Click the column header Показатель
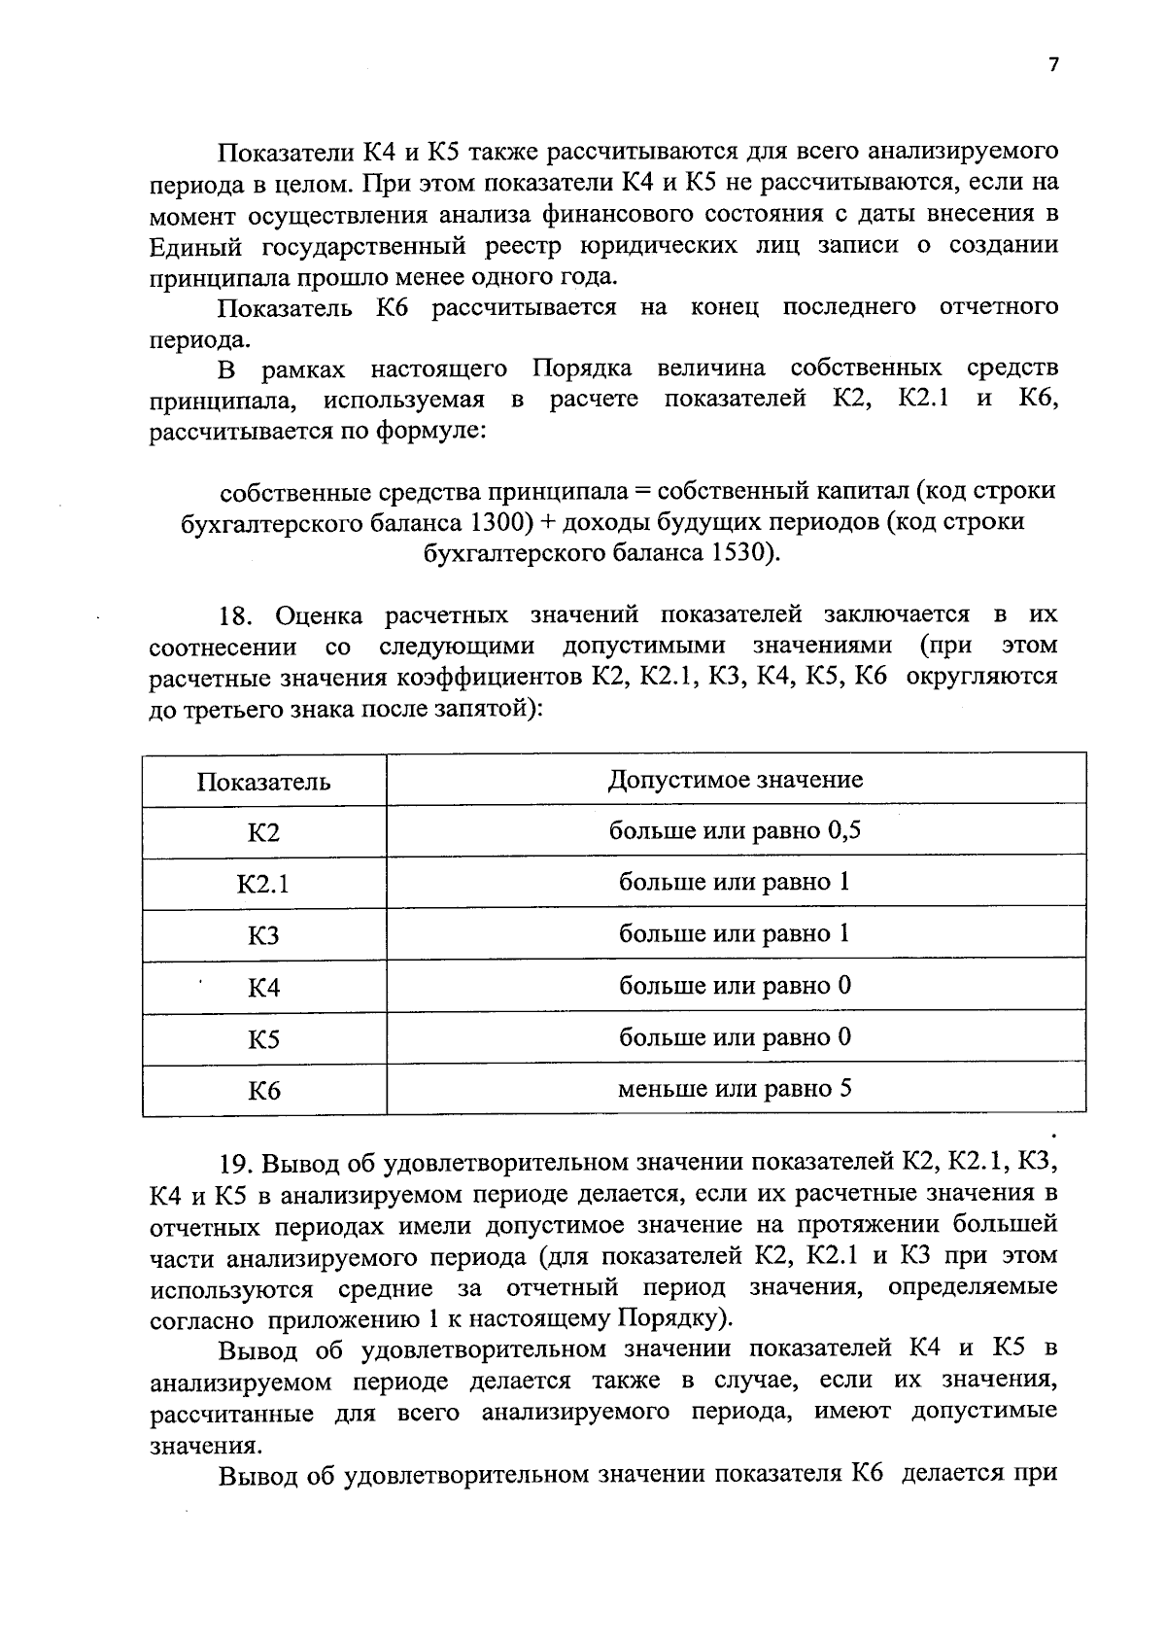(x=263, y=782)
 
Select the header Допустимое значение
(x=736, y=779)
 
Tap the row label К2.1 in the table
(x=263, y=885)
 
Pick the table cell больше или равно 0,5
(x=736, y=830)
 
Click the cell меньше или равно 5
(x=736, y=1088)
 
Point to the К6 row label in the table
(x=263, y=1091)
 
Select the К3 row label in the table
(x=263, y=936)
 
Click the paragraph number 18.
(x=236, y=615)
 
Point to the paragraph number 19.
(x=236, y=1164)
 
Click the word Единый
(x=190, y=245)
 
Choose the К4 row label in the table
(x=263, y=988)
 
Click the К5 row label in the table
(x=263, y=1039)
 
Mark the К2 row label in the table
(x=263, y=833)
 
